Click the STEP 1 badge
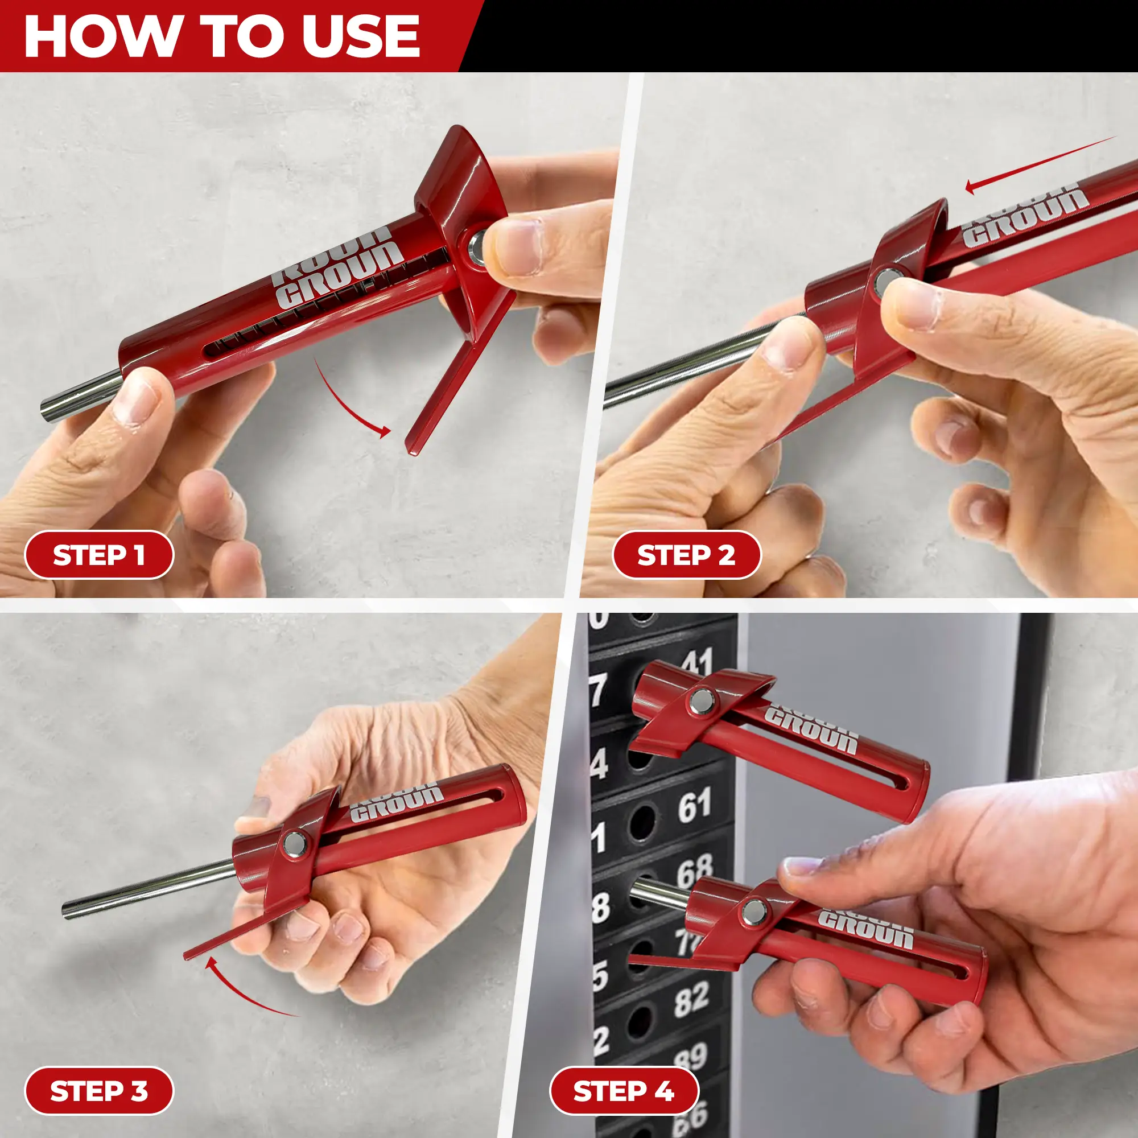pos(99,555)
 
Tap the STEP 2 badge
pos(686,555)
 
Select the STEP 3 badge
pos(99,1091)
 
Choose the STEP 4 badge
pos(624,1091)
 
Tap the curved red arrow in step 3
pos(241,989)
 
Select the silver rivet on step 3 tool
pos(295,844)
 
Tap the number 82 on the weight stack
pos(691,999)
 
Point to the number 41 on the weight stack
pos(699,663)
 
